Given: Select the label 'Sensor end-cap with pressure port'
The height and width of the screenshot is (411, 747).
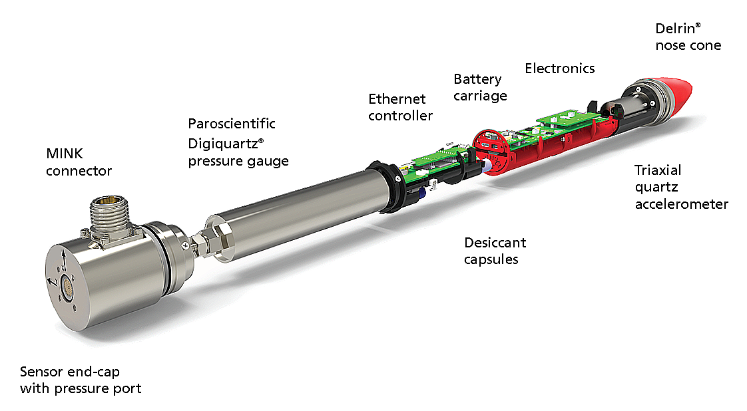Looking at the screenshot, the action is click(81, 380).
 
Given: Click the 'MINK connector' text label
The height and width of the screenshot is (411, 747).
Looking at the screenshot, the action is click(79, 162).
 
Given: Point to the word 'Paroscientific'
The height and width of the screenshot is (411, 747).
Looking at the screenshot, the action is click(232, 124).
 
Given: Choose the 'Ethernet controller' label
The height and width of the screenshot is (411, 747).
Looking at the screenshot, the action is click(400, 107).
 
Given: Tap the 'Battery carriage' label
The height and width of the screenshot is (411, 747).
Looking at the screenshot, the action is click(480, 88).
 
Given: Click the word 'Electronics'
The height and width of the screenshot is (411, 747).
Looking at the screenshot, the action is click(560, 68).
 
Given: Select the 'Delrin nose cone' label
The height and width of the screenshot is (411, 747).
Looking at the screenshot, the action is click(688, 37).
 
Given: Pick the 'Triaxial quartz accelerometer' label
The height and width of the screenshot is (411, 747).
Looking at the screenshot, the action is click(681, 187).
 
